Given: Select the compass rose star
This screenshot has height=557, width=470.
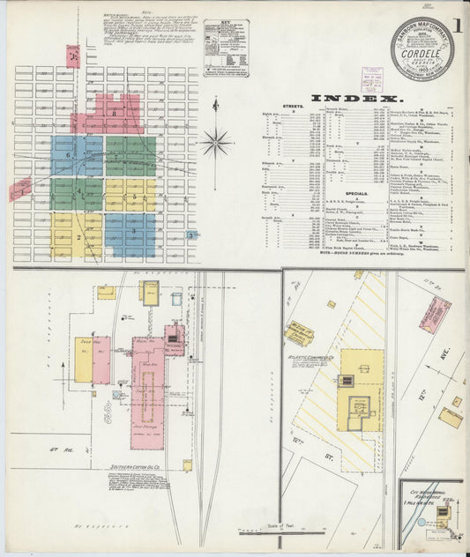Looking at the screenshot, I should [215, 141].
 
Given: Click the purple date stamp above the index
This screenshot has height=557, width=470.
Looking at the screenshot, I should [371, 79].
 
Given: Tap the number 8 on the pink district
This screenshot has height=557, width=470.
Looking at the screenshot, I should [115, 113].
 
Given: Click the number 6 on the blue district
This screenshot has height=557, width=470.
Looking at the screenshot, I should [67, 155].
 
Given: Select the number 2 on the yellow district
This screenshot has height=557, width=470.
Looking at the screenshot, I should [78, 236].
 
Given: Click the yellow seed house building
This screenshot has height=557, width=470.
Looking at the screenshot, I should [83, 359].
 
